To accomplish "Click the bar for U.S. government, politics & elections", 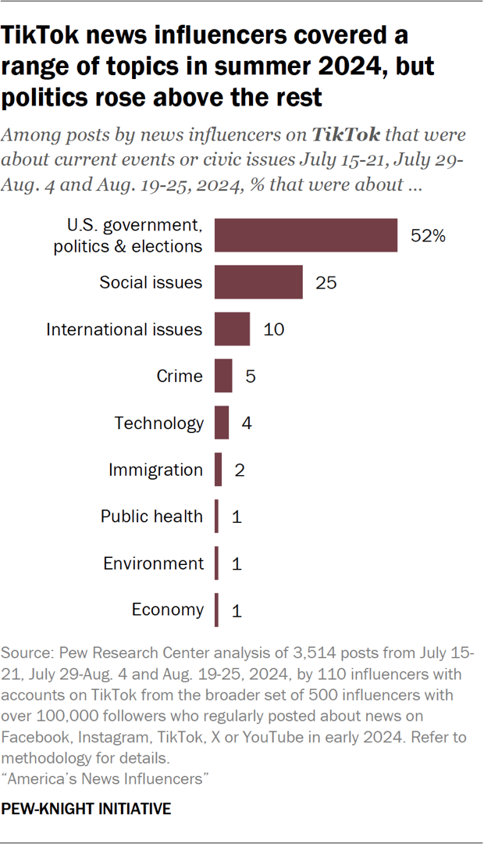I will (x=306, y=235).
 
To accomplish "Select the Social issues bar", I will (x=258, y=282).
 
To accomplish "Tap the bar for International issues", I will (x=232, y=329).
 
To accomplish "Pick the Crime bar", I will (x=223, y=376).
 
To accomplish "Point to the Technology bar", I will (x=222, y=423).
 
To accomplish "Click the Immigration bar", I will (x=219, y=470).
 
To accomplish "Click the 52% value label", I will (x=429, y=235).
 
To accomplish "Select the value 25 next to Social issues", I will (x=326, y=282).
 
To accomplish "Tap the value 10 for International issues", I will (x=274, y=329).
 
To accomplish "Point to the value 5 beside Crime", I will (x=251, y=376).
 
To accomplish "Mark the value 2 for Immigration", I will (x=240, y=470).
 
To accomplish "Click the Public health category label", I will (x=151, y=517).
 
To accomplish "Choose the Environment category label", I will (x=153, y=563).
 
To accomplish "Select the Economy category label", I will (x=168, y=610).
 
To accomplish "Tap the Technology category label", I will (x=158, y=423).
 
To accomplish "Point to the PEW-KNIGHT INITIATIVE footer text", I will (x=87, y=810).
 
